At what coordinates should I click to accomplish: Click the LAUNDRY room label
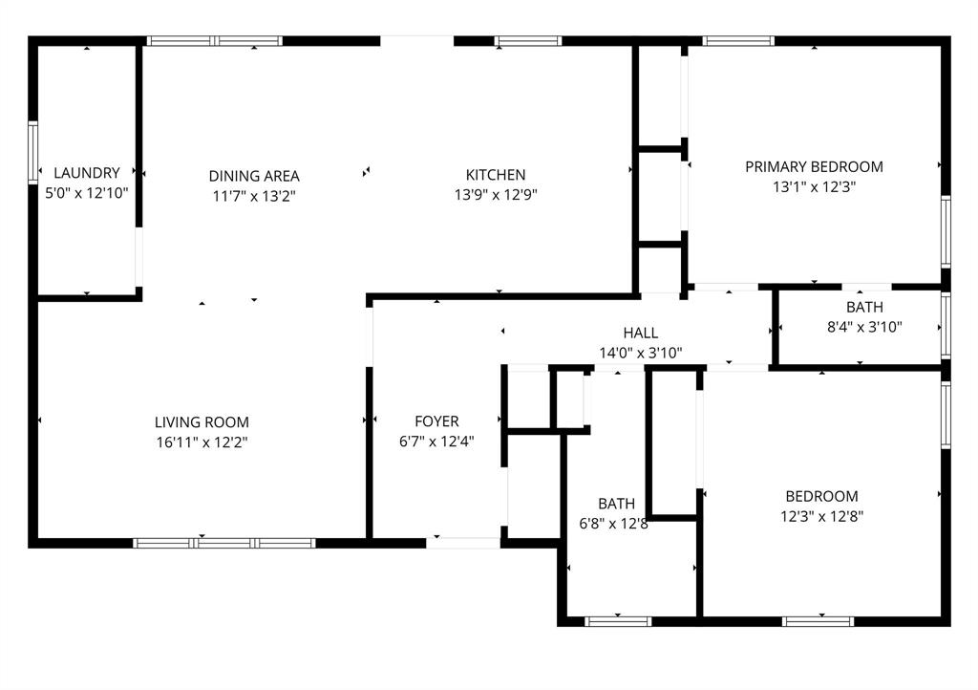coord(87,173)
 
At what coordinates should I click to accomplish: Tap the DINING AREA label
coord(254,176)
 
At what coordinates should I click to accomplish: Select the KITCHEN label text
coord(496,175)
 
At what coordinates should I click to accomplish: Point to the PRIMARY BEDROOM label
coord(814,166)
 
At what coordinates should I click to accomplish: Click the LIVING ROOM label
coord(202,422)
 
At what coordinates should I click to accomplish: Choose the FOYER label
coord(436,421)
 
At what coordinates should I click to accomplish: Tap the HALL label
coord(640,333)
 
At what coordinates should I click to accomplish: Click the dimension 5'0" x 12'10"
coord(87,192)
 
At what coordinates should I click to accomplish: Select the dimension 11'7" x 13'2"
coord(254,195)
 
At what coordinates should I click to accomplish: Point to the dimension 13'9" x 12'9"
coord(496,194)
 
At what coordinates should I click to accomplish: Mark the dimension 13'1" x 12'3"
coord(814,186)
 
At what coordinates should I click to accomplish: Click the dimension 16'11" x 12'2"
coord(202,442)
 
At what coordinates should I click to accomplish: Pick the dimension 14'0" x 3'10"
coord(640,352)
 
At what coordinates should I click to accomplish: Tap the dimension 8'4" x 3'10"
coord(864,327)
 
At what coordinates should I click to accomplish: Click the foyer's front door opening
coord(463,543)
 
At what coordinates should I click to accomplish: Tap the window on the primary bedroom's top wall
coord(738,41)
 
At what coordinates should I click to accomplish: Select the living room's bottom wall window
coord(224,543)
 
